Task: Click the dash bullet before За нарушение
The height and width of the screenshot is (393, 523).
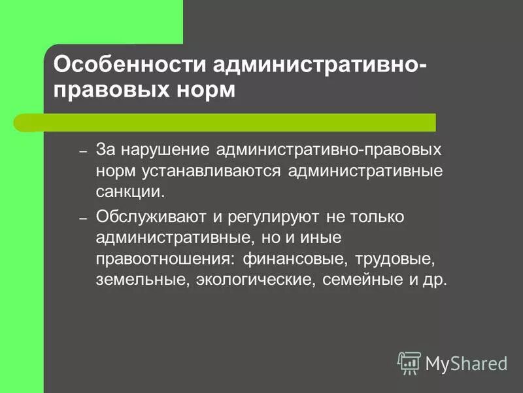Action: [83, 151]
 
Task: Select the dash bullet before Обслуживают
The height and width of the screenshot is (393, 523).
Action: [83, 217]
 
